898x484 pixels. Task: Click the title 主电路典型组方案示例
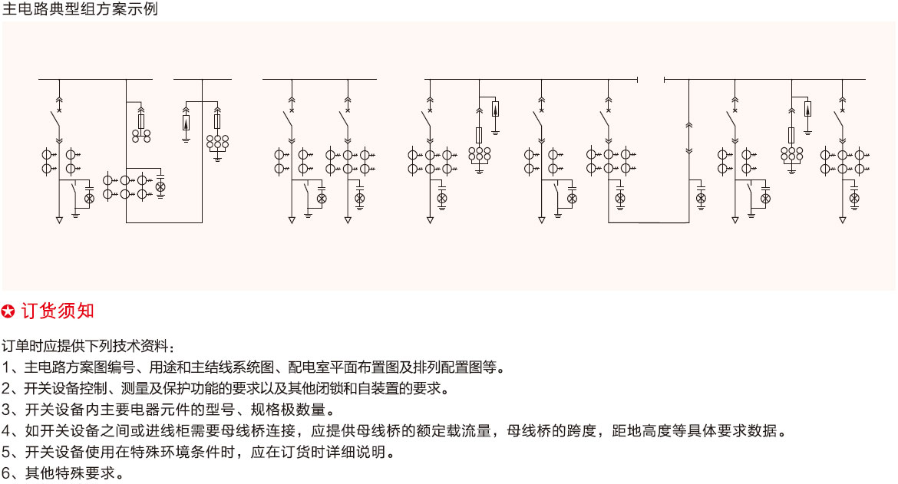click(x=80, y=8)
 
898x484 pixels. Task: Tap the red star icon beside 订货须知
click(x=8, y=311)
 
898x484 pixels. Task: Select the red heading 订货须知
click(x=58, y=311)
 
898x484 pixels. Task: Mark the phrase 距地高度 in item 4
click(x=639, y=431)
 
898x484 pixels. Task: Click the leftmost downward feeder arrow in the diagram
click(x=59, y=220)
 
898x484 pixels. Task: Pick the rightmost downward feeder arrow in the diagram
click(x=843, y=220)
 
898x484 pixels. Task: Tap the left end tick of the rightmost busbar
click(x=665, y=80)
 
